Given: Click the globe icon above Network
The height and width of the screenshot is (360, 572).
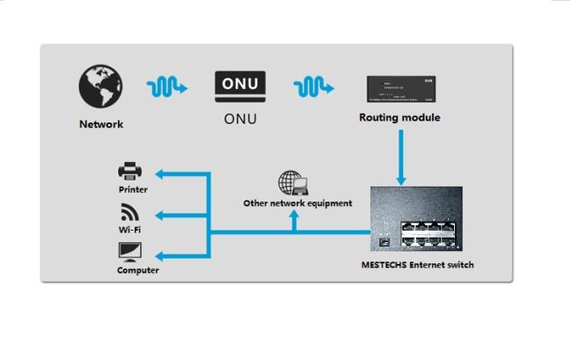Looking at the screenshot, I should (100, 87).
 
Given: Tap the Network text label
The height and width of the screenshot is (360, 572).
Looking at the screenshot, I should (101, 124).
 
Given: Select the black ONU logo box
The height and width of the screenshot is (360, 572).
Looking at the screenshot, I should (239, 85).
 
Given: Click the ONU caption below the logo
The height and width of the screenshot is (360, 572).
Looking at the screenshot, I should (239, 119).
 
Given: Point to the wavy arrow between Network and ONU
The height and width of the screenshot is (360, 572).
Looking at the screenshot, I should (167, 87).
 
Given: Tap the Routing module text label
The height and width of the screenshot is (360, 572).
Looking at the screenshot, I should (400, 117).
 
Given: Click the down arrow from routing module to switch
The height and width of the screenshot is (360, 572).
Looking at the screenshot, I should (400, 158).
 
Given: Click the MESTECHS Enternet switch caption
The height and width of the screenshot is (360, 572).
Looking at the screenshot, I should (417, 264).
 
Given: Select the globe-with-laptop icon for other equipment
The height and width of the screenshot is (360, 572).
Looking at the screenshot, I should (292, 183).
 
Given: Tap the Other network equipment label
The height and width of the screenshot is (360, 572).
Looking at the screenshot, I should (297, 203).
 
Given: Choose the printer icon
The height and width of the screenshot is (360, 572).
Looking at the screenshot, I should (130, 171).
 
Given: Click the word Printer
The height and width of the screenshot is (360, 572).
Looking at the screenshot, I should (133, 189).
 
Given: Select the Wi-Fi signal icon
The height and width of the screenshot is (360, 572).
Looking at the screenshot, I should (129, 212).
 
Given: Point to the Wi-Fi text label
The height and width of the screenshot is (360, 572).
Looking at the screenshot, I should (130, 230).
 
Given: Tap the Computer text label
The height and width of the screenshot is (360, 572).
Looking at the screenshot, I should (138, 270).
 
